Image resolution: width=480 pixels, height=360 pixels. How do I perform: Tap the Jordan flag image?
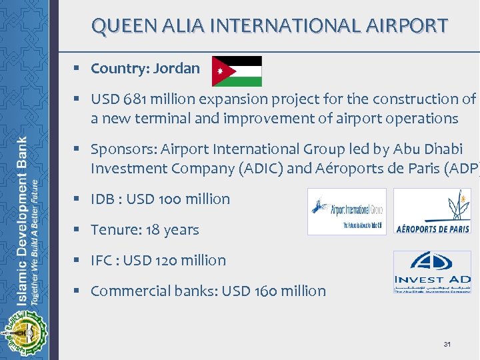pos(237,71)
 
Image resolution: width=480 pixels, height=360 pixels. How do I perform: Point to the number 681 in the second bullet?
pos(133,99)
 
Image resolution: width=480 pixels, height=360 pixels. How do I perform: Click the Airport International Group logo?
pos(346,211)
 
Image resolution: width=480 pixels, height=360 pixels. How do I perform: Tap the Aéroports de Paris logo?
pos(432,211)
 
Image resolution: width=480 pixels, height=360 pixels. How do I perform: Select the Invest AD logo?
pos(432,272)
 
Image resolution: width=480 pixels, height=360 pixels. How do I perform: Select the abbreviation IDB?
pos(103,199)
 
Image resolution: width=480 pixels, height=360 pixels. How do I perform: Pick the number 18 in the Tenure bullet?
pos(153,230)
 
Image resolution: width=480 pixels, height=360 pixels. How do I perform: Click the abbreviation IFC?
pos(103,261)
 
